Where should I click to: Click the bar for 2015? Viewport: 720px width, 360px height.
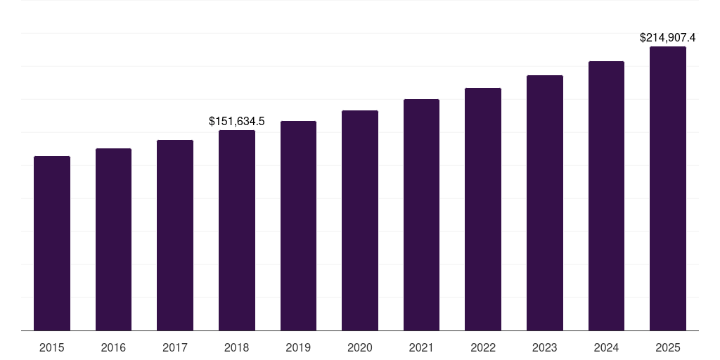52,243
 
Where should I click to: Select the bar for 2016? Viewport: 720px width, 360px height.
113,239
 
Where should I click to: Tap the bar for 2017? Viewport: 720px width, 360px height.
175,235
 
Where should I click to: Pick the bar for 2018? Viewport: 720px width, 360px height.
237,230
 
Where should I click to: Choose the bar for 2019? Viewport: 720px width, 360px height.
298,226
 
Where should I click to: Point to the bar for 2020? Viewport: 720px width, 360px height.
360,220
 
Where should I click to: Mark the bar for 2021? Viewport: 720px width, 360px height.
421,214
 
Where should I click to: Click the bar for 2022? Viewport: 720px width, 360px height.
483,209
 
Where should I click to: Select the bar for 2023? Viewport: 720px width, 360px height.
545,202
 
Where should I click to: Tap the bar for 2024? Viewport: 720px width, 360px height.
606,195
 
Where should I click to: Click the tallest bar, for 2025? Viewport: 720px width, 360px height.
668,188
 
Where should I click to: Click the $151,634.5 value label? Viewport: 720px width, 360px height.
237,122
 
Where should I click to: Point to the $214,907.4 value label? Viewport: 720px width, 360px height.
667,38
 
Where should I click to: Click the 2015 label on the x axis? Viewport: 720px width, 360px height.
52,347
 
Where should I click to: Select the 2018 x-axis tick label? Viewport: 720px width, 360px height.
237,347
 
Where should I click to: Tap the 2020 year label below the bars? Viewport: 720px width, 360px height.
360,347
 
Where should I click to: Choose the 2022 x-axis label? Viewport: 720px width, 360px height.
483,347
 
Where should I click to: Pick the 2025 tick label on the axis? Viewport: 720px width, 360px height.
668,347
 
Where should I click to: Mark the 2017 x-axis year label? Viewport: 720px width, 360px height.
175,347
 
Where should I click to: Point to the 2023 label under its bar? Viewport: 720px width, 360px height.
545,347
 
